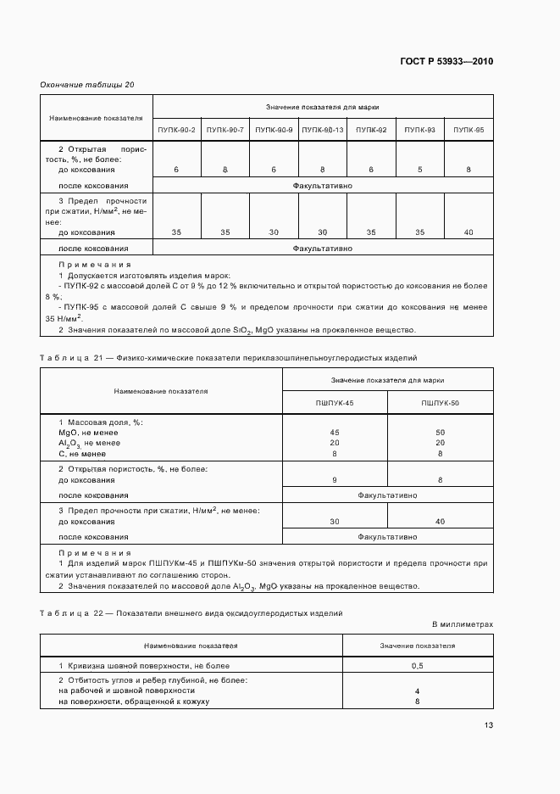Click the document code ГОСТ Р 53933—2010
click(x=446, y=61)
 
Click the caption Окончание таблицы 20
click(x=87, y=85)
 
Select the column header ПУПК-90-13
click(x=323, y=129)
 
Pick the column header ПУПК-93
click(x=419, y=129)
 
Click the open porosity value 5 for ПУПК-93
click(x=419, y=171)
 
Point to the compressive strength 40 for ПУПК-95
click(x=469, y=232)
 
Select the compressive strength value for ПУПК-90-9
click(x=274, y=232)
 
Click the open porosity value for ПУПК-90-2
click(x=176, y=171)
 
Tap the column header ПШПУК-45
click(x=334, y=402)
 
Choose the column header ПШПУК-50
click(x=440, y=402)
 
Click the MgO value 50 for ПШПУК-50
click(x=440, y=433)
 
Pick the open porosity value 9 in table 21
click(x=334, y=480)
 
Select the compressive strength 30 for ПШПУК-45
click(x=334, y=521)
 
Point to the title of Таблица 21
click(x=229, y=358)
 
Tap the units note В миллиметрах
click(x=463, y=623)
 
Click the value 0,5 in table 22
click(x=417, y=666)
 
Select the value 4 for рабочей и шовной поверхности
click(x=417, y=691)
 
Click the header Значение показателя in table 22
click(x=417, y=645)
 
